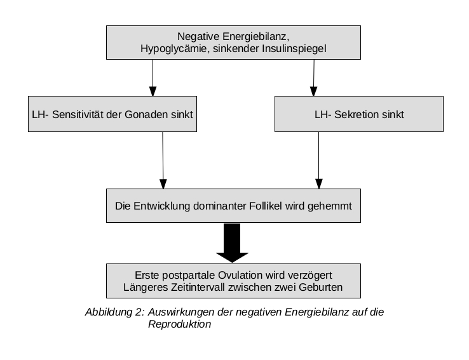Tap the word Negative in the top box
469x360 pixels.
click(x=198, y=36)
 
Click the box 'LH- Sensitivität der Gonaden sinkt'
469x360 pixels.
click(x=112, y=114)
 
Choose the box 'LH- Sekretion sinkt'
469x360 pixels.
click(x=359, y=114)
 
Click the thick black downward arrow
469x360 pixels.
click(x=232, y=243)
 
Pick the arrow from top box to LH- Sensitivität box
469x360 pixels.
click(x=153, y=77)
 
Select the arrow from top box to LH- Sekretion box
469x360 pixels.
click(x=314, y=77)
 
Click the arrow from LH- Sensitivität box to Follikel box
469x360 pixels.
click(x=163, y=160)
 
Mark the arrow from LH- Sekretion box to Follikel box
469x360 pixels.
click(x=319, y=160)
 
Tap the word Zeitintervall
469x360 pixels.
click(x=198, y=287)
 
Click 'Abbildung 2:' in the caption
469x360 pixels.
click(x=115, y=312)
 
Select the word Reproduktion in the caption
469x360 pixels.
click(x=179, y=324)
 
